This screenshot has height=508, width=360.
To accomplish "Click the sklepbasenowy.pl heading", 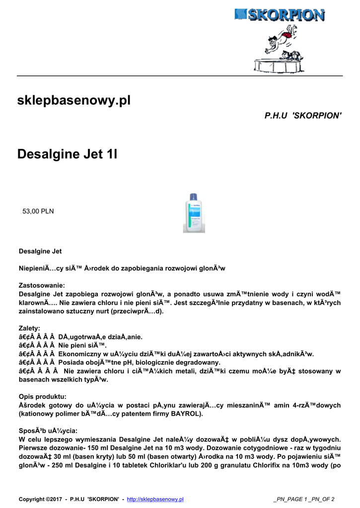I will pyautogui.click(x=73, y=101).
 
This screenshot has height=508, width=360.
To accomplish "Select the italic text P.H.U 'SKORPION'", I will pyautogui.click(x=303, y=116).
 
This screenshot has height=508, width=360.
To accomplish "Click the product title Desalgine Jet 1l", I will pyautogui.click(x=67, y=154).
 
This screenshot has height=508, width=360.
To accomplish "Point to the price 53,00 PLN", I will pyautogui.click(x=38, y=211).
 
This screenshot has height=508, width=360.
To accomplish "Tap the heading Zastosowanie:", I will pyautogui.click(x=42, y=285).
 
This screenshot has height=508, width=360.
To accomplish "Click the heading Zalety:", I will pyautogui.click(x=30, y=328).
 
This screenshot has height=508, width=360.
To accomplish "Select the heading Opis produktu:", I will pyautogui.click(x=43, y=396).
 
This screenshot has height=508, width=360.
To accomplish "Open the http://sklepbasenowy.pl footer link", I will pyautogui.click(x=155, y=499).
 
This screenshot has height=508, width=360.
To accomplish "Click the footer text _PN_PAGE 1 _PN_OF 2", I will pyautogui.click(x=303, y=499).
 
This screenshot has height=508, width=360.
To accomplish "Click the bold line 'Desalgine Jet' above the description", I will pyautogui.click(x=40, y=252).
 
